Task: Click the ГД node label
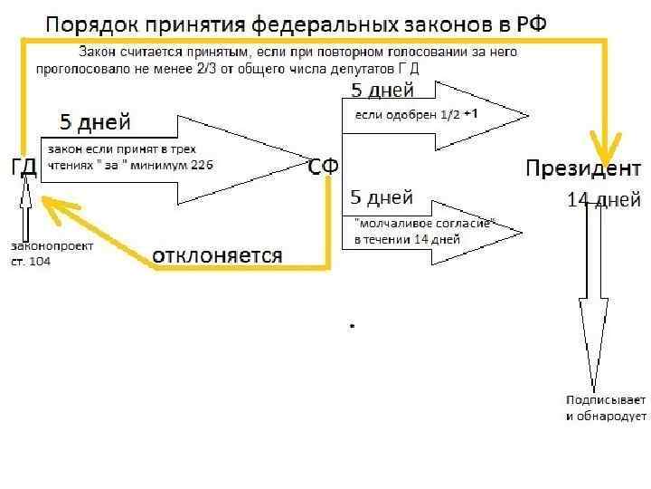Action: point(24,168)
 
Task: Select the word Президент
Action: point(583,168)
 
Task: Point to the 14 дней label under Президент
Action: point(604,198)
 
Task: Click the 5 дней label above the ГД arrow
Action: point(95,121)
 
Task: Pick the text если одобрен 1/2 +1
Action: point(417,114)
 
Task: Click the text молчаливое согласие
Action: point(425,224)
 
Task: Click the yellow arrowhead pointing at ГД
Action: point(56,210)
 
